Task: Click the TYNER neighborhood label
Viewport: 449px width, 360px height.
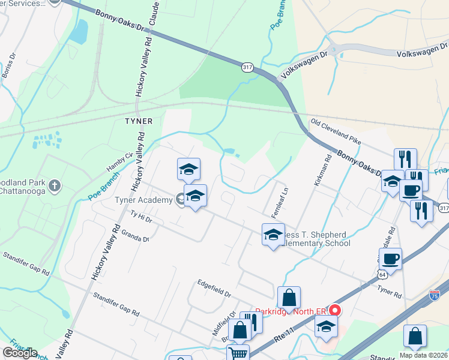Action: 138,121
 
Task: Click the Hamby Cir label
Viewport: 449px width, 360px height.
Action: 119,162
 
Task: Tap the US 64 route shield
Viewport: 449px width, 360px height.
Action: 382,274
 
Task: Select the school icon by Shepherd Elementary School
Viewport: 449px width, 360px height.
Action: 273,235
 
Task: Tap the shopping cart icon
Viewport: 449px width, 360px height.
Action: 238,353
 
